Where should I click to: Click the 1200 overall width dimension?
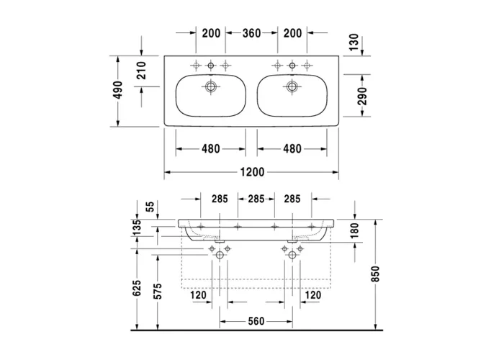[x=252, y=172]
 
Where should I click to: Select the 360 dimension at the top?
[x=252, y=33]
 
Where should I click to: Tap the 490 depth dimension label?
[x=118, y=90]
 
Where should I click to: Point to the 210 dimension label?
[x=141, y=71]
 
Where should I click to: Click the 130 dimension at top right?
[x=354, y=42]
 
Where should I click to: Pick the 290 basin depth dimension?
[x=362, y=96]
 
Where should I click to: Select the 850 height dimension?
[x=375, y=274]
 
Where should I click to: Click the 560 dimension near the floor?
[x=256, y=321]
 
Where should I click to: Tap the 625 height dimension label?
[x=137, y=288]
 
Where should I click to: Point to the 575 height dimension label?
[x=158, y=291]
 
